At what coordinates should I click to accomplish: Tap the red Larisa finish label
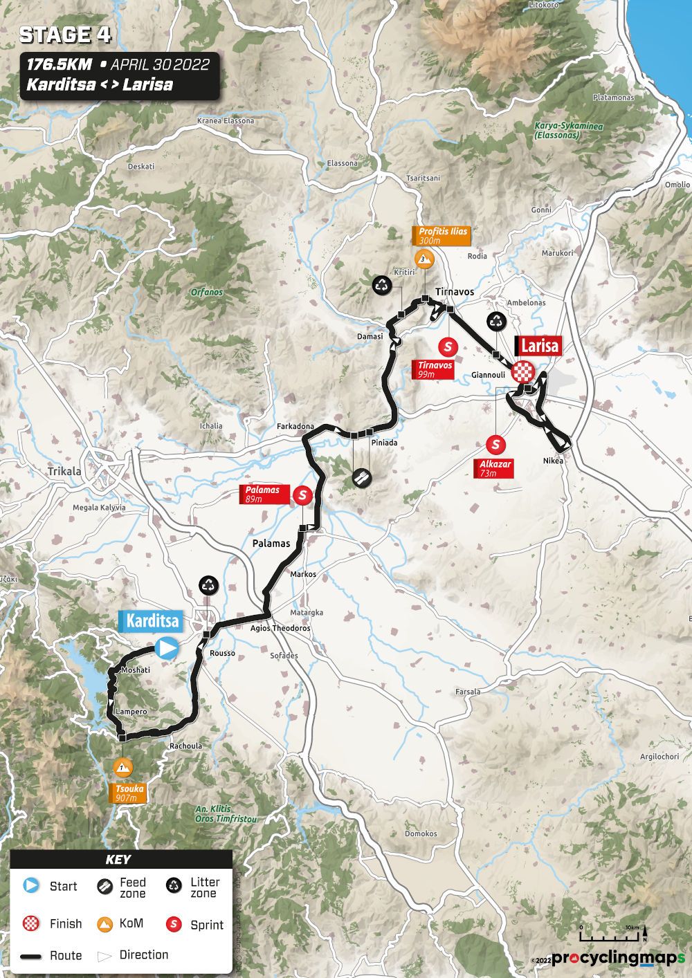pos(539,346)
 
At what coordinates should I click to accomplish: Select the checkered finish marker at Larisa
pos(524,372)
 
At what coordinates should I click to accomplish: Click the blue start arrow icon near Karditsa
pos(167,648)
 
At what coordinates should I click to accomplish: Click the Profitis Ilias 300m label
pos(443,236)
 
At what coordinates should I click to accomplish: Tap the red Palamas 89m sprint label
pos(263,494)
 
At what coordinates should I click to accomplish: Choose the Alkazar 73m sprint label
pos(494,468)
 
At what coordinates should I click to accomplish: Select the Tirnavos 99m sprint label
pos(434,369)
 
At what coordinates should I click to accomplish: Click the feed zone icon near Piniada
pos(361,476)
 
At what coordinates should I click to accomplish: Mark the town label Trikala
pos(64,471)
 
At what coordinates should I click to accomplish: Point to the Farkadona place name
pos(295,426)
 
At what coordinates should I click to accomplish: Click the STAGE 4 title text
pos(65,35)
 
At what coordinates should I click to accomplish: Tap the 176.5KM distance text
pos(59,65)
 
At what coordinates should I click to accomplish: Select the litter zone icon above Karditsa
pos(208,585)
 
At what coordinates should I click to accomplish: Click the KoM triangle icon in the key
pos(105,923)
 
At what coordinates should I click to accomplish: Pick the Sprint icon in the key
pos(174,924)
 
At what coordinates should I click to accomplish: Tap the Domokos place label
pos(421,833)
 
